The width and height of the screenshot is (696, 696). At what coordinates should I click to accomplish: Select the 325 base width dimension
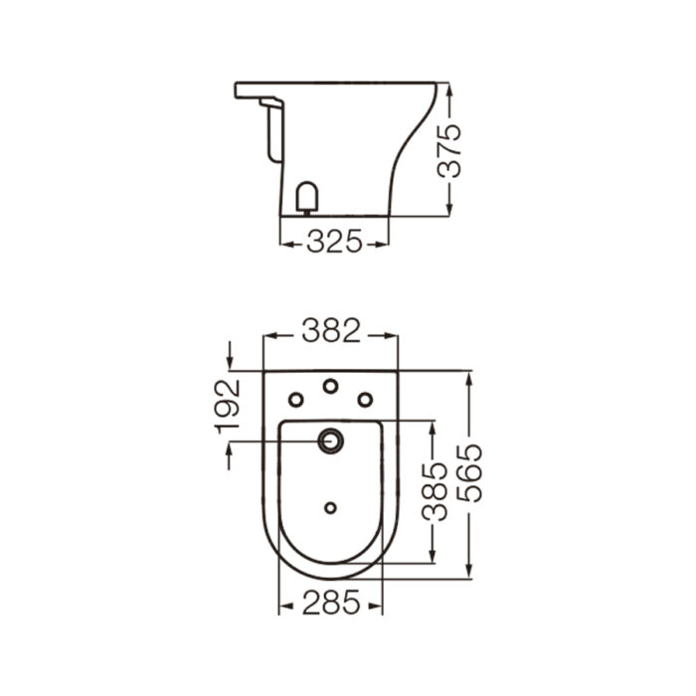click(x=333, y=242)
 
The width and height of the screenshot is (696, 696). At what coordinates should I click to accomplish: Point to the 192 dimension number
click(x=231, y=404)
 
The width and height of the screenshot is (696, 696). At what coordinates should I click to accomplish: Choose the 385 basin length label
click(x=434, y=493)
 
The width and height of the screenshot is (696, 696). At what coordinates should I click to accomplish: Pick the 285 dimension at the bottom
click(x=330, y=603)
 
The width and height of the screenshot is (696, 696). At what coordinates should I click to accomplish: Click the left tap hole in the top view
click(x=295, y=399)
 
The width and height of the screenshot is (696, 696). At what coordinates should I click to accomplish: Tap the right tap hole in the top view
click(x=365, y=399)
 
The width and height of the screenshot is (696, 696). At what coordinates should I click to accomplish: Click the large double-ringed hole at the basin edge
click(x=330, y=439)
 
